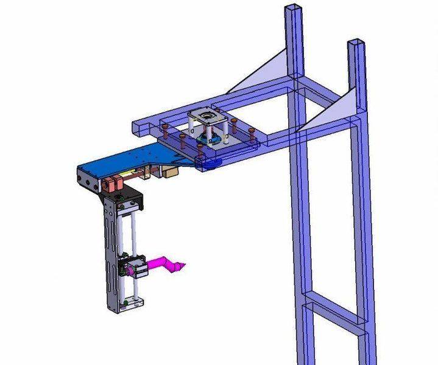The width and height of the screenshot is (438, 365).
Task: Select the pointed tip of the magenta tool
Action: pyautogui.click(x=183, y=265)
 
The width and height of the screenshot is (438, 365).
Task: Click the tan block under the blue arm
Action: pyautogui.click(x=169, y=172)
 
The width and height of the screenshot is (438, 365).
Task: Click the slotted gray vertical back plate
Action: pyautogui.click(x=111, y=255)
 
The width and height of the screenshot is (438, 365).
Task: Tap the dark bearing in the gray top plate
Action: pyautogui.click(x=208, y=115)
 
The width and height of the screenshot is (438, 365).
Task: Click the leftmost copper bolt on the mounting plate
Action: pyautogui.click(x=164, y=129)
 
